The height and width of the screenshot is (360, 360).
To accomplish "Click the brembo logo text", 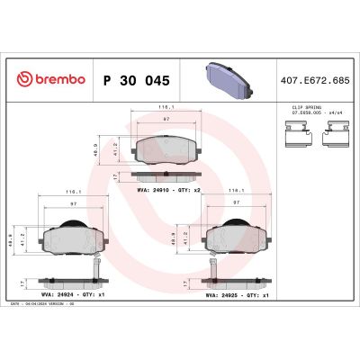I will (56, 80).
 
